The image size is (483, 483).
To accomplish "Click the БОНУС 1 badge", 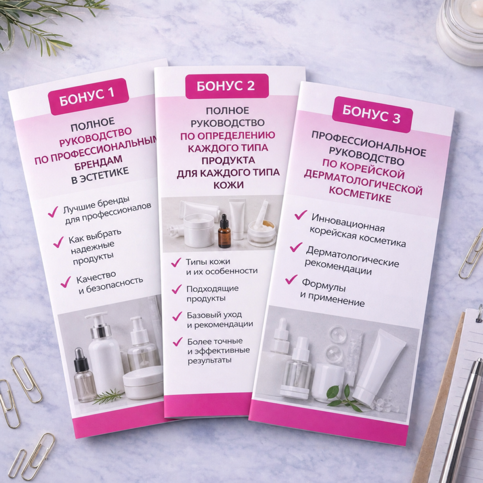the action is [88, 96].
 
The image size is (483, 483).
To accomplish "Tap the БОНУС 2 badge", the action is [227, 86].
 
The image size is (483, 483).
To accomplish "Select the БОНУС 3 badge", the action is [372, 114].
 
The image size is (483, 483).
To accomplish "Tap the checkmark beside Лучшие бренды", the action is [53, 212].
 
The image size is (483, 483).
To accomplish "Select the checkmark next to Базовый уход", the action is [177, 316].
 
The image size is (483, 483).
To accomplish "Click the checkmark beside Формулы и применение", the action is [291, 279].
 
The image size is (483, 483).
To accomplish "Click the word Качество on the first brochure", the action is [96, 277].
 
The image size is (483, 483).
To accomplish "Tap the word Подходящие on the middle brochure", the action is [213, 289].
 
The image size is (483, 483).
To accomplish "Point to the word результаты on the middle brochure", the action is [209, 360].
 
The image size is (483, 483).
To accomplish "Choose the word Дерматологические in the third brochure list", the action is [352, 256].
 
